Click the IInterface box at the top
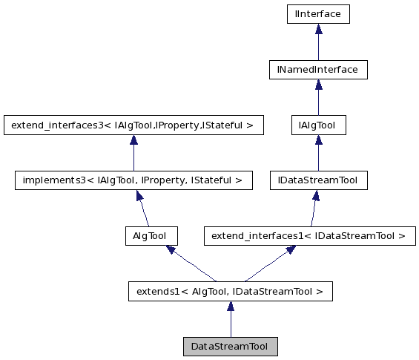318,14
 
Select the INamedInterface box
318,70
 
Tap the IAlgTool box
317,125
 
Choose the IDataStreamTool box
317,180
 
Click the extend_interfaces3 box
133,125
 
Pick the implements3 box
133,180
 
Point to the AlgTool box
151,236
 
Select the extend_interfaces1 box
309,236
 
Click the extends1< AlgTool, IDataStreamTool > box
230,292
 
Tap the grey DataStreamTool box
230,347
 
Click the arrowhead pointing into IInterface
318,29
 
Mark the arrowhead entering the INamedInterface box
318,85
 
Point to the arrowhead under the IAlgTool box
317,140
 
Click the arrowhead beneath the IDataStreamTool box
316,195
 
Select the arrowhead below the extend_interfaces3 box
133,140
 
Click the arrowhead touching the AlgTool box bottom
171,250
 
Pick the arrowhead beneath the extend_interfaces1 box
291,250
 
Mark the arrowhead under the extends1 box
230,306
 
